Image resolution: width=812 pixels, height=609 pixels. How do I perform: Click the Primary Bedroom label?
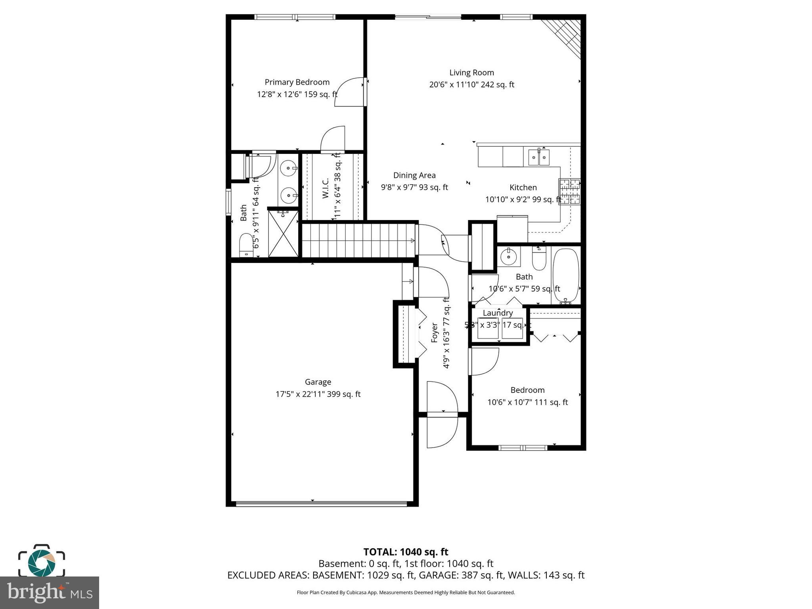tap(297, 82)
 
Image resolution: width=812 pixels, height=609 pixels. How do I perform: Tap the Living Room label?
tap(471, 73)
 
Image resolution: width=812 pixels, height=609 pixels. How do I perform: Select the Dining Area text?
tap(414, 175)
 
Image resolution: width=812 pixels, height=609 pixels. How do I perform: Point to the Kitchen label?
tap(523, 188)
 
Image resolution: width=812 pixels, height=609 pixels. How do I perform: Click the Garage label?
tap(318, 382)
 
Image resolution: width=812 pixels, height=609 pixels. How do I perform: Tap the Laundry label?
tap(498, 313)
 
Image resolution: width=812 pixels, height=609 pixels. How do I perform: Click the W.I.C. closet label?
tap(326, 188)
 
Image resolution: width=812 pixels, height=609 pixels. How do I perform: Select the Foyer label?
tap(435, 333)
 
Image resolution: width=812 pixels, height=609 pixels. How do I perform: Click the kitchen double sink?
tap(538, 157)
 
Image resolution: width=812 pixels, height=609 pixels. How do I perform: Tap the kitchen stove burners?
tap(569, 192)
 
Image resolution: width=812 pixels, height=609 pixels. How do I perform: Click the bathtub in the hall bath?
tap(566, 276)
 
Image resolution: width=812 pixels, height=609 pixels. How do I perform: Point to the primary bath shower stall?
tap(283, 234)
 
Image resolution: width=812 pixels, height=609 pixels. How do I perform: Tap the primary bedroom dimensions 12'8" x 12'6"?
tap(297, 94)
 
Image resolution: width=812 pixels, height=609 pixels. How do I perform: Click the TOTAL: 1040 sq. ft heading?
tap(406, 552)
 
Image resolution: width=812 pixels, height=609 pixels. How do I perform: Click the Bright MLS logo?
tap(50, 592)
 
